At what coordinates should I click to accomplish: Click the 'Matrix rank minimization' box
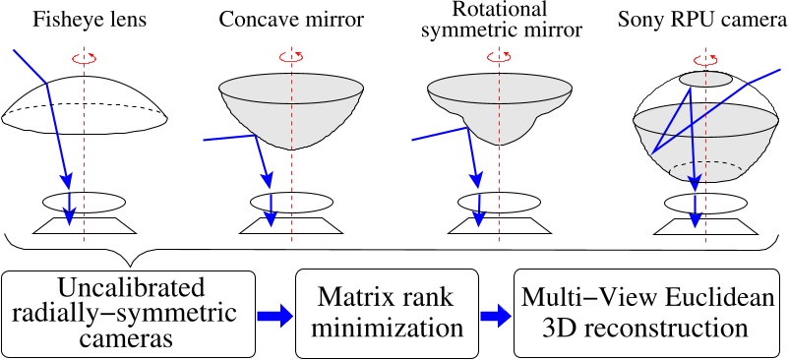click(x=389, y=314)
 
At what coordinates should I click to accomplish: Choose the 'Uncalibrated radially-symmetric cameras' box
click(x=130, y=313)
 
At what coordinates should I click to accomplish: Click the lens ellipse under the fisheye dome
click(x=84, y=201)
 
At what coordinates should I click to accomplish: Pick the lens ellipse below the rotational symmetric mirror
click(x=500, y=202)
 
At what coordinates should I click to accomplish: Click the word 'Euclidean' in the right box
click(x=700, y=298)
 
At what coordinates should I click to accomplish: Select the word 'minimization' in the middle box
click(x=389, y=329)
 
